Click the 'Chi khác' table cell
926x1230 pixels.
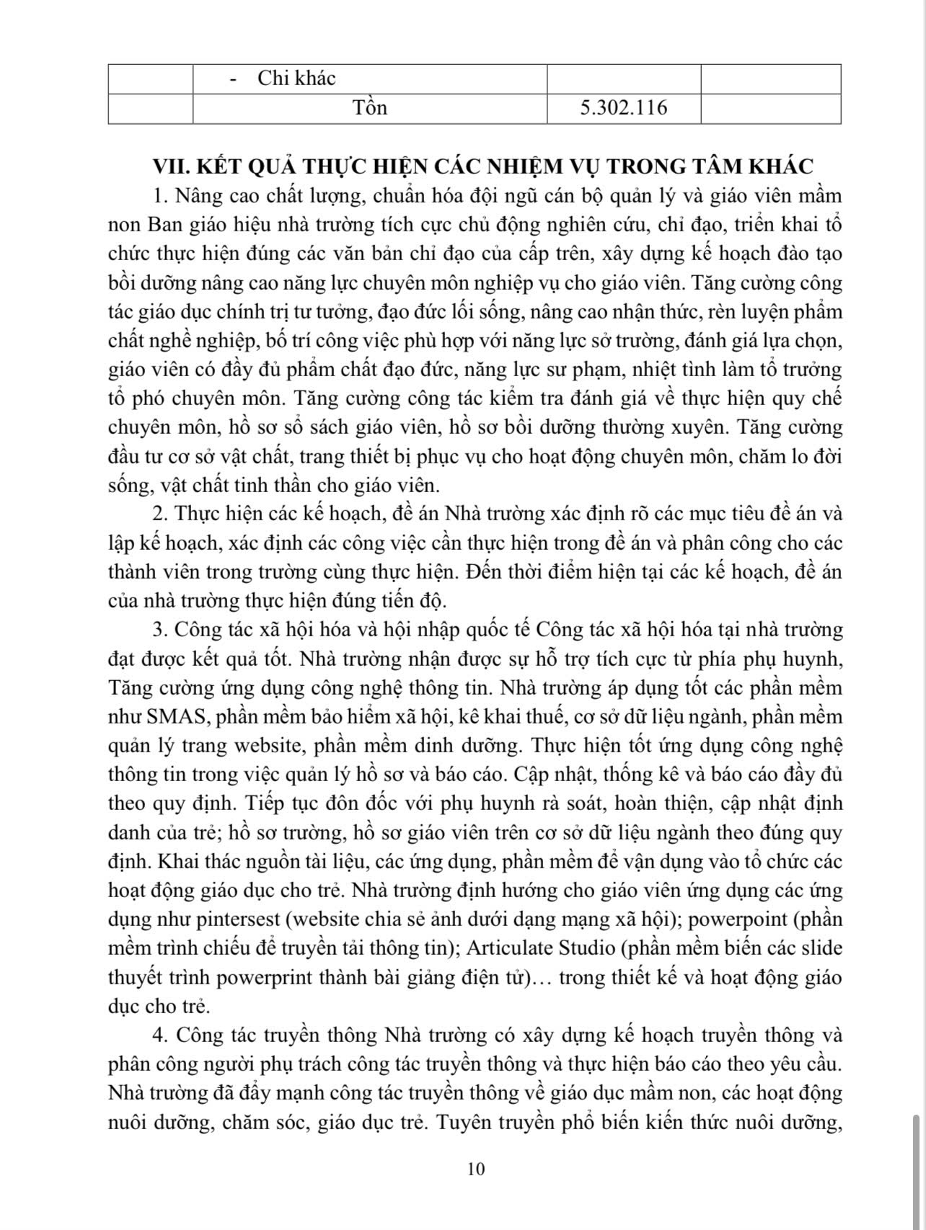[296, 79]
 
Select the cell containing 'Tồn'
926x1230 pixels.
[370, 108]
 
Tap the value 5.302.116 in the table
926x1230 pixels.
[623, 108]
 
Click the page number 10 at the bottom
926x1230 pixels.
[476, 1169]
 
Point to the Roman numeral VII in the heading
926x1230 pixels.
[167, 166]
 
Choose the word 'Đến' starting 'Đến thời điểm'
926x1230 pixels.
[483, 572]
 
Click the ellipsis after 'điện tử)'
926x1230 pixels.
[542, 978]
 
